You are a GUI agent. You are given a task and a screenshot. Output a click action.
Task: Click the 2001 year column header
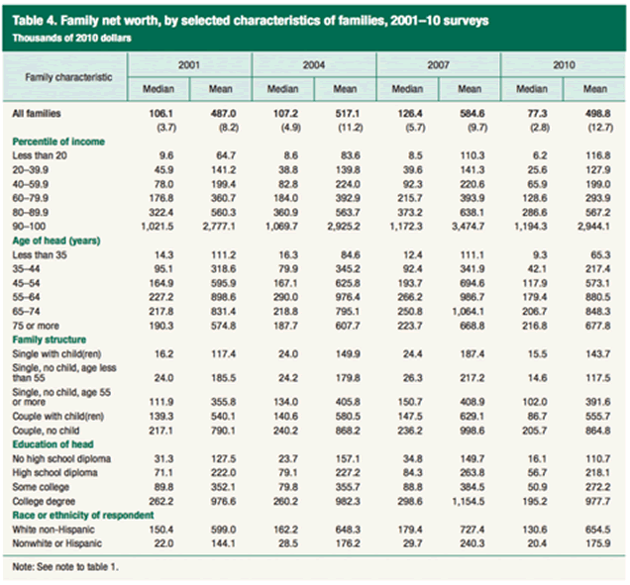192,63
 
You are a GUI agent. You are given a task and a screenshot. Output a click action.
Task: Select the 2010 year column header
562,63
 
